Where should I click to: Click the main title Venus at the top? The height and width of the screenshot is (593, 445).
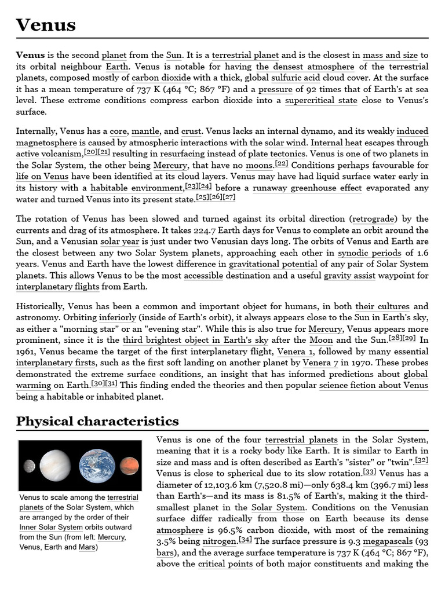pyautogui.click(x=46, y=24)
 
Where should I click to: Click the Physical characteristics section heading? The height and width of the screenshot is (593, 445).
pyautogui.click(x=97, y=420)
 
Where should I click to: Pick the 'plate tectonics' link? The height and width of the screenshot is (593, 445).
pyautogui.click(x=276, y=153)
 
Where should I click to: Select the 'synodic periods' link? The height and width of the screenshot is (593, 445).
pyautogui.click(x=369, y=252)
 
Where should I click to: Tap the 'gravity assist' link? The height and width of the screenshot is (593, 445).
pyautogui.click(x=349, y=276)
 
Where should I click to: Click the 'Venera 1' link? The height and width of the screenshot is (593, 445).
pyautogui.click(x=296, y=352)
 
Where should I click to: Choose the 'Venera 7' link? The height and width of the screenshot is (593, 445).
pyautogui.click(x=319, y=363)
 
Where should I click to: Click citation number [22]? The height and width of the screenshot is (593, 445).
pyautogui.click(x=282, y=163)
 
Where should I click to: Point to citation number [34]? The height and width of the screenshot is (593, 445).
pyautogui.click(x=245, y=540)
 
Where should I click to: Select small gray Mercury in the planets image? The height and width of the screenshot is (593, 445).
pyautogui.click(x=29, y=466)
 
